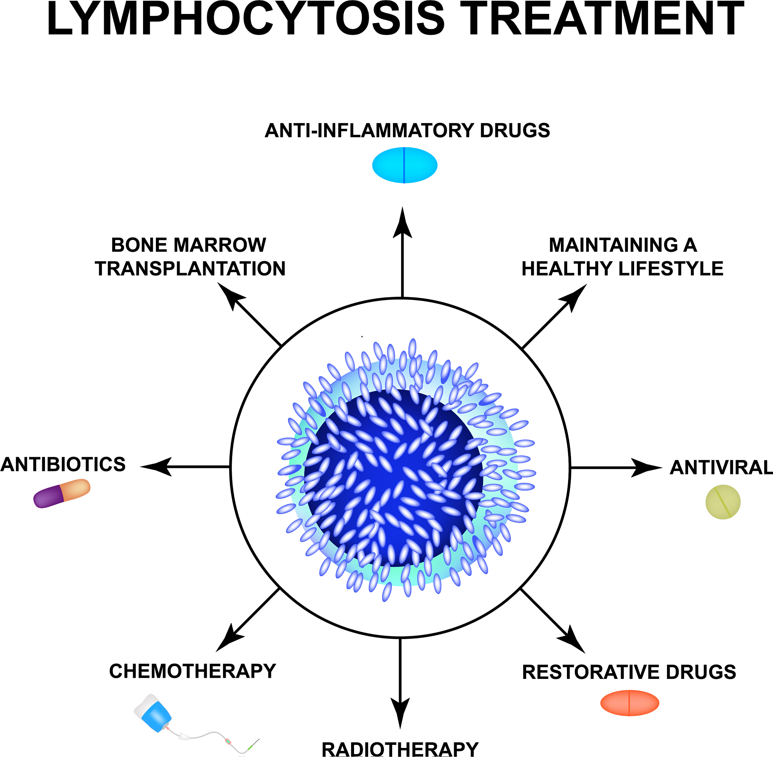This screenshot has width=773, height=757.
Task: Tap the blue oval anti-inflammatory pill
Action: click(x=404, y=165)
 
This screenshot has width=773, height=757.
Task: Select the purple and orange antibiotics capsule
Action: click(x=62, y=493)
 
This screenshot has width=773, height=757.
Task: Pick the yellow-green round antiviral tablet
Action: click(x=723, y=502)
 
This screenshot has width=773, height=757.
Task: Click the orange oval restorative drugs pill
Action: click(x=630, y=703)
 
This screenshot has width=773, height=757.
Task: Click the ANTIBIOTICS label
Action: click(x=63, y=465)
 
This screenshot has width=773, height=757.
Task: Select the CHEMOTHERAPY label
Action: click(x=192, y=671)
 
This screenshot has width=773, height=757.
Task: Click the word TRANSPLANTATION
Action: click(x=190, y=269)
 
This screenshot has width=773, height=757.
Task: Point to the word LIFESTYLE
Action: click(x=671, y=269)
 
